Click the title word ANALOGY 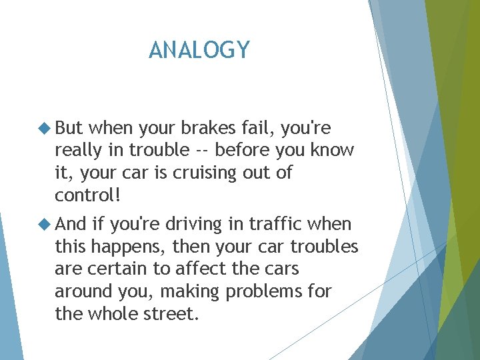(x=199, y=50)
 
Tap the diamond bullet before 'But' (x=45, y=128)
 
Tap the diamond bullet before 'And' (x=45, y=225)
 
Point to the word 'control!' (x=87, y=197)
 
